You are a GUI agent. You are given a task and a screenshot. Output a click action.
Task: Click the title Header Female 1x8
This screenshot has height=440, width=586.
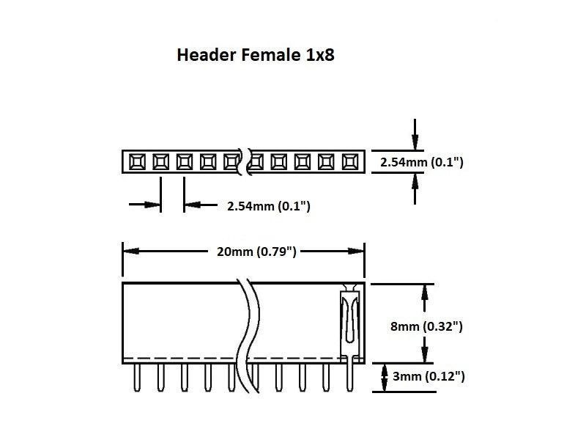[256, 55]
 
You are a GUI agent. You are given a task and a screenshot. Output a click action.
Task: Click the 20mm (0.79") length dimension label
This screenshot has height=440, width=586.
[256, 252]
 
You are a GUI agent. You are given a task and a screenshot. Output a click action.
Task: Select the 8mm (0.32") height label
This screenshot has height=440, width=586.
[426, 326]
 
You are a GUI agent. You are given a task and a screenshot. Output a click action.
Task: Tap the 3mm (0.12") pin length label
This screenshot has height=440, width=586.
[429, 378]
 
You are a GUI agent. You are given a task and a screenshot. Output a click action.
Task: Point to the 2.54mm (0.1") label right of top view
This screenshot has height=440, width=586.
[421, 162]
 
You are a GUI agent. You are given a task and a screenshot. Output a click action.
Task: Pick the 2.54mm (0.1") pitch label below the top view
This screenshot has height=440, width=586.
[269, 207]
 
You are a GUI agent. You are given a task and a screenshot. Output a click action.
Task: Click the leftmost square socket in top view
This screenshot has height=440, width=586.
[137, 161]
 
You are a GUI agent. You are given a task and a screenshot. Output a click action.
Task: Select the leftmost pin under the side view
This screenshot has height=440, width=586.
[137, 378]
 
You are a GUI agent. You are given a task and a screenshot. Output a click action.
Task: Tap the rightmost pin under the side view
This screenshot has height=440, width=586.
[349, 378]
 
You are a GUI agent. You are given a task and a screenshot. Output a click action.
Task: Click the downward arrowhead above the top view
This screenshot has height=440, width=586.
[415, 144]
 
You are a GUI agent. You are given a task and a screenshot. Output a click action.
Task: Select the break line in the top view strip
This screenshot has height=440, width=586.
[246, 161]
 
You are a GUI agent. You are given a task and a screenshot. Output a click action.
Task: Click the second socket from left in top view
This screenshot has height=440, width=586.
[160, 161]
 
